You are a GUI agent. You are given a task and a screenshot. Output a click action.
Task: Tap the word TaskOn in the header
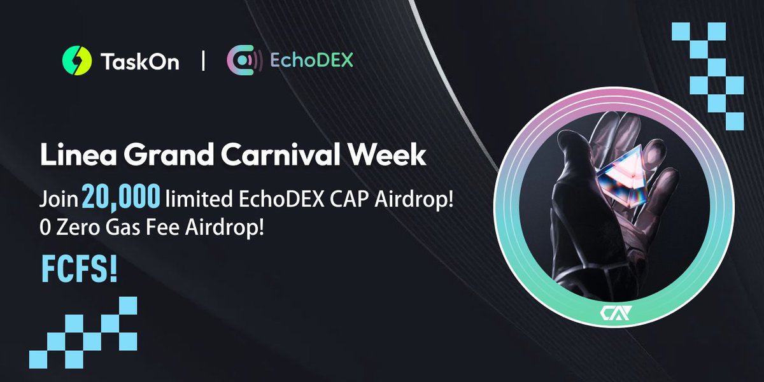[139, 62]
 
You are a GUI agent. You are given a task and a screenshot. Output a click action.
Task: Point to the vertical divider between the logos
[203, 62]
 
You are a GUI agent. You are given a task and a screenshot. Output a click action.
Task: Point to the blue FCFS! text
[79, 269]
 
